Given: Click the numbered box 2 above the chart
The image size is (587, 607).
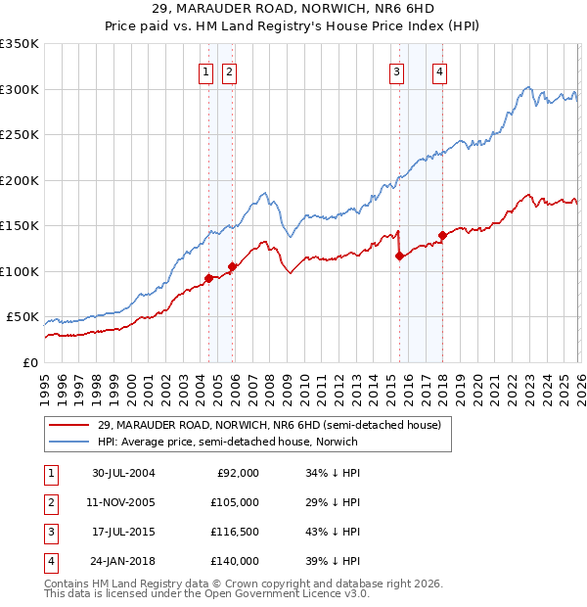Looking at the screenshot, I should (x=228, y=70).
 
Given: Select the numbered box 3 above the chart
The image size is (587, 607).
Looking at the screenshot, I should (x=397, y=70).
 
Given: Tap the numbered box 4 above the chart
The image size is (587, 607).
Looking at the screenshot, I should (x=440, y=70).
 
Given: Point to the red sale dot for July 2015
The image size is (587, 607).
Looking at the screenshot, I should (x=399, y=257).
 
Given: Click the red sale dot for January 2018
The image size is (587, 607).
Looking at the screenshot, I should (x=442, y=235).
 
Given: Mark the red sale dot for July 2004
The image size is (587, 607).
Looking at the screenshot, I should (x=208, y=278).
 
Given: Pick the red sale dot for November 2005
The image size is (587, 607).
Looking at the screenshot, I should (x=232, y=266).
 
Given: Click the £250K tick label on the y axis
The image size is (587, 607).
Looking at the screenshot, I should (x=19, y=135).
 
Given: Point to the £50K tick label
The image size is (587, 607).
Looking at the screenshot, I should (x=23, y=317).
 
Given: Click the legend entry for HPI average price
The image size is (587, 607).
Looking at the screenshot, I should (x=227, y=442).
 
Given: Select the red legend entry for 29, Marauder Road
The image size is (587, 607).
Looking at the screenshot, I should (x=270, y=425).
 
